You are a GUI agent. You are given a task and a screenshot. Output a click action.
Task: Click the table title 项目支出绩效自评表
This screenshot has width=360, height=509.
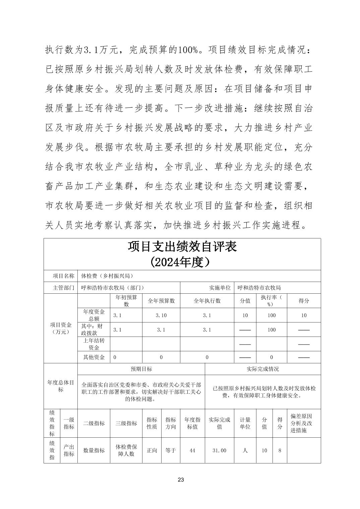point(182,247)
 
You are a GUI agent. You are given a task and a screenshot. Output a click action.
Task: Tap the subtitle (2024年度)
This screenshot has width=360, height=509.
point(182,262)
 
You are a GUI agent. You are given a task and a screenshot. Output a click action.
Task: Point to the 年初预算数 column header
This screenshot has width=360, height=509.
point(126,301)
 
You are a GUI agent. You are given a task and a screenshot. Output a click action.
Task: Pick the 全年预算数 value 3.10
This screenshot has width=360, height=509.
point(161,315)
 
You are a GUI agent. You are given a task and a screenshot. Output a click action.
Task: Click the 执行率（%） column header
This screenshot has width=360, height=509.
point(272,301)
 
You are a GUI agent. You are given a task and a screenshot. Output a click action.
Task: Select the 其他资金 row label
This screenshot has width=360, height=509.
point(94,357)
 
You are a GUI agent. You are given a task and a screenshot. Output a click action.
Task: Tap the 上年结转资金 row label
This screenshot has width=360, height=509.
point(94,344)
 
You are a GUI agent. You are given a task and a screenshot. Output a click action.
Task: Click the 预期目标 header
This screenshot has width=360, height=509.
point(141,369)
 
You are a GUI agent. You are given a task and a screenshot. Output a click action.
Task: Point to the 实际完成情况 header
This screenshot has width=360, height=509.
point(263,369)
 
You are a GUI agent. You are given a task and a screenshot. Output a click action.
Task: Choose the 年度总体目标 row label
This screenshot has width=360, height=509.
point(60,386)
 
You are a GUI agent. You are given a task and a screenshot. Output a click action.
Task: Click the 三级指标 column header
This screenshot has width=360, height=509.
point(126,423)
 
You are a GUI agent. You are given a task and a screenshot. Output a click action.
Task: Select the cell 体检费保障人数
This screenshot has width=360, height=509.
point(126,450)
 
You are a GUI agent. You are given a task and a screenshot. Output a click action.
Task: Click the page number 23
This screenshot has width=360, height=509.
point(181,480)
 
